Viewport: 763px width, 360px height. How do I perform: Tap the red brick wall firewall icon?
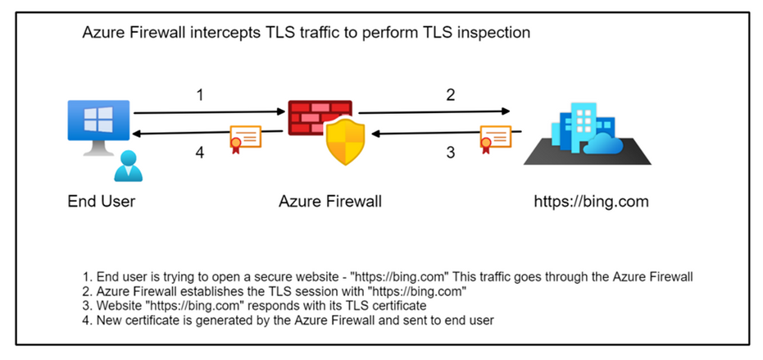coord(320,118)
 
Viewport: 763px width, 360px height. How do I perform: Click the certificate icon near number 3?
coord(495,139)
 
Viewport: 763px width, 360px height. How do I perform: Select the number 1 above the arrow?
coord(199,95)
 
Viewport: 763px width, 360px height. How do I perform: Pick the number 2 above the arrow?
coord(450,95)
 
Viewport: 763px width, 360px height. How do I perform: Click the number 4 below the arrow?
coord(199,152)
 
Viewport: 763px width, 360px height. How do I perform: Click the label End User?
coord(101,202)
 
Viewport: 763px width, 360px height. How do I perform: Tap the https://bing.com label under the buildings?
coord(590,202)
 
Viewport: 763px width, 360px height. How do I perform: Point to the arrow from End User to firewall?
coord(205,112)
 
